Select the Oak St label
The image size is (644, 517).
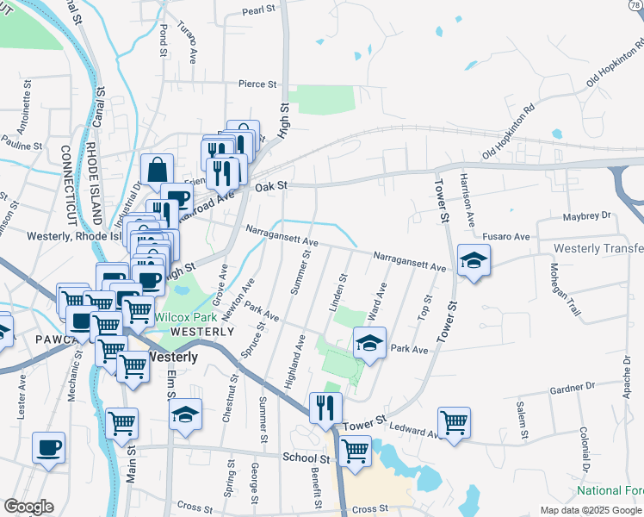click(x=269, y=184)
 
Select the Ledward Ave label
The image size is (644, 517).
click(x=408, y=427)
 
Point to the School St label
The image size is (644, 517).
click(x=307, y=458)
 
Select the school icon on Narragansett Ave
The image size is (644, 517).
click(x=473, y=259)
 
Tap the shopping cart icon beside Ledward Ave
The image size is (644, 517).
click(x=454, y=422)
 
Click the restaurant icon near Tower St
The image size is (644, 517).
click(x=325, y=408)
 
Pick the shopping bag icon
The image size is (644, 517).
click(x=158, y=170)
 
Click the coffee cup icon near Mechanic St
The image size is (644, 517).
click(x=48, y=448)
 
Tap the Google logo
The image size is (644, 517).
click(x=28, y=507)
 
